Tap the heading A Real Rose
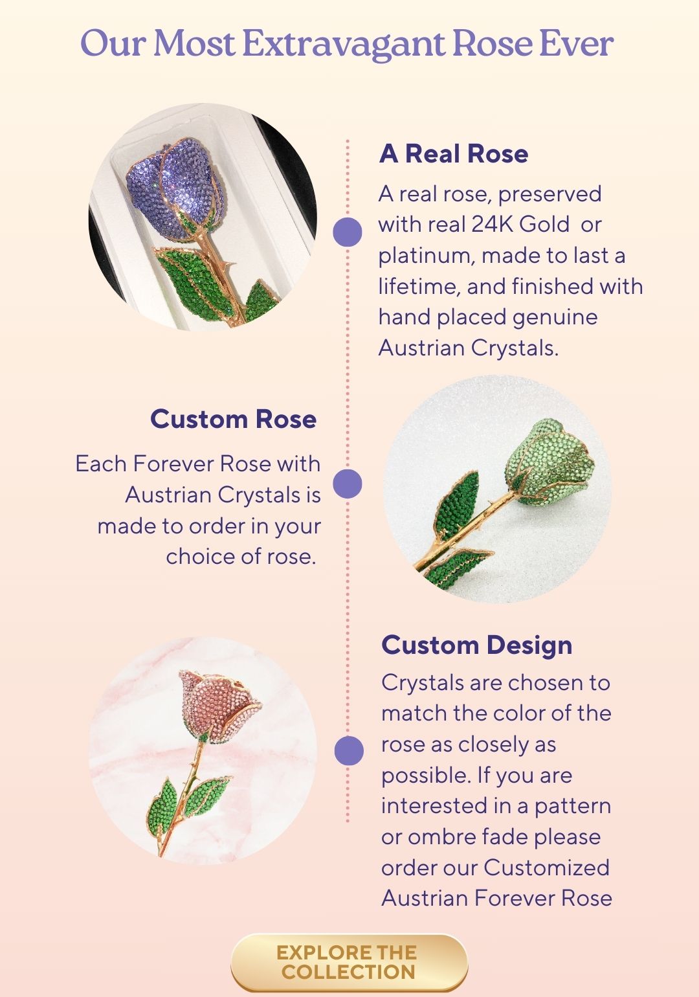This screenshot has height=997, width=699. click(x=454, y=153)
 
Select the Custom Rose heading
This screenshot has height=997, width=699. click(x=234, y=419)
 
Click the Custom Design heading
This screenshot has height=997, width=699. click(x=476, y=645)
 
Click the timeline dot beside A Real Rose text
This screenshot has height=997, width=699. click(x=348, y=232)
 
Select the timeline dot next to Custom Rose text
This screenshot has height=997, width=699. click(x=348, y=484)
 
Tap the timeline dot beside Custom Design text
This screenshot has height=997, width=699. click(x=349, y=750)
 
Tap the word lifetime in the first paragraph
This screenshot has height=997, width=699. click(x=419, y=286)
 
